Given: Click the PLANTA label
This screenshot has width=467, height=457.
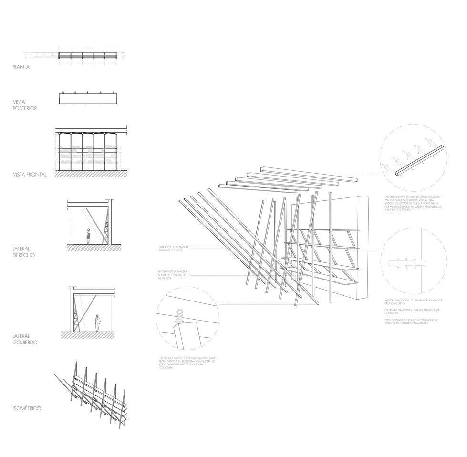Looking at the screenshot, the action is point(21,67).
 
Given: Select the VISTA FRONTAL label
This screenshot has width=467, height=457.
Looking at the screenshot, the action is point(30,175).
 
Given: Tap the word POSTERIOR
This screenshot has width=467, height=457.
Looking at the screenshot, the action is point(25,108).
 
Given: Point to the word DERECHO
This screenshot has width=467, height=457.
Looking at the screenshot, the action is point(24,255).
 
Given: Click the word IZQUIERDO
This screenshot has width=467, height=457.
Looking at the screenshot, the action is point(26,343).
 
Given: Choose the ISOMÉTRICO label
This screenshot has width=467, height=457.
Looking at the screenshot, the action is point(27,409).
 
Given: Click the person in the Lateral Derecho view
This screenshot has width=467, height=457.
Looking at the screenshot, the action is point(88,236).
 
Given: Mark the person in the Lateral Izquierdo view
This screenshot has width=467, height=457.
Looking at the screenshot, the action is point(97,323).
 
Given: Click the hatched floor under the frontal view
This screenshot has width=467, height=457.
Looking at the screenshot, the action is point(91,174).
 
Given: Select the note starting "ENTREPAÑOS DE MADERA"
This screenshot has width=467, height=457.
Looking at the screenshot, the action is point(174,275).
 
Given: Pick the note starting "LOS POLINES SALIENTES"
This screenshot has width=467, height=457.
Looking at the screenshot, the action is point(187,363).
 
